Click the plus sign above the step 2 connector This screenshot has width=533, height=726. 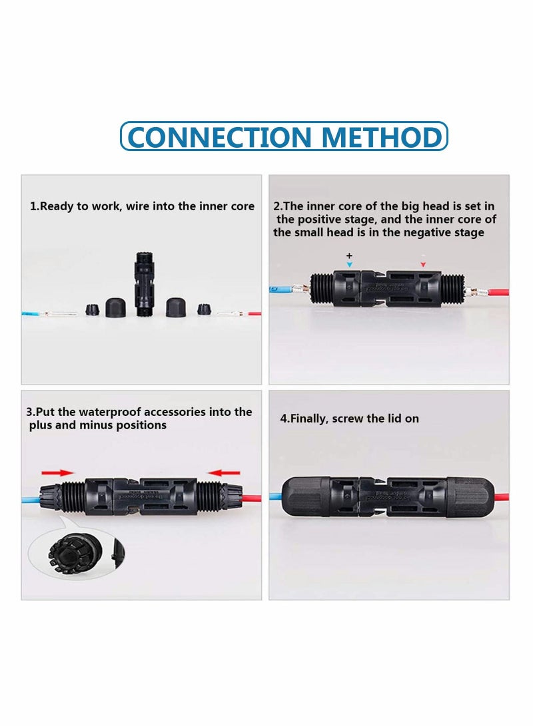tap(348, 256)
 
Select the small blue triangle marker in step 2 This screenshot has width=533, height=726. tap(348, 265)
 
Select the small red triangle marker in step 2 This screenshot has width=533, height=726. tap(422, 265)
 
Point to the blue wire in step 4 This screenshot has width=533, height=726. tap(275, 496)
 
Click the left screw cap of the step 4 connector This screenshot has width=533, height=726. tap(306, 496)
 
